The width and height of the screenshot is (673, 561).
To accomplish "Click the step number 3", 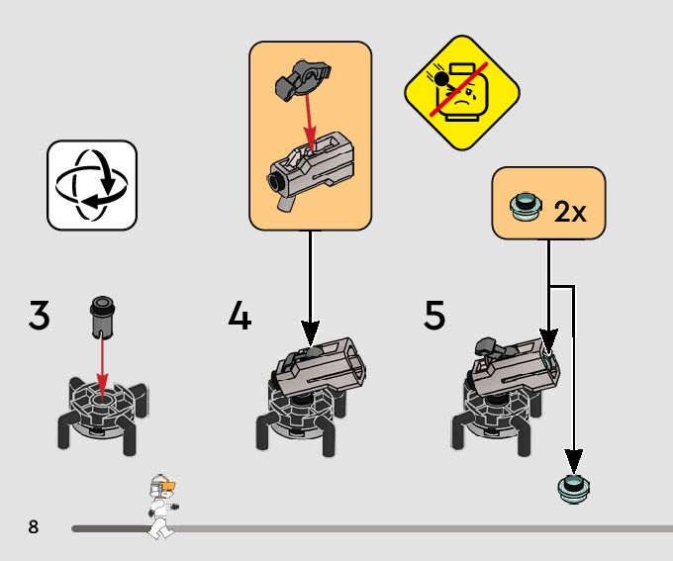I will (x=39, y=316).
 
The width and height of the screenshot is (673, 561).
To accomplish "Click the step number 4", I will (x=240, y=316).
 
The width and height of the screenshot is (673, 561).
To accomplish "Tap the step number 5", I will (x=434, y=316).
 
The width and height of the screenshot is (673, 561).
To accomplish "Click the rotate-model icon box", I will (x=92, y=185).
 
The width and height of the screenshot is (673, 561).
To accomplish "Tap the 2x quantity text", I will (x=571, y=212).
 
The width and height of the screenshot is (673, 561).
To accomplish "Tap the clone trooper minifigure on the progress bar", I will (x=161, y=505).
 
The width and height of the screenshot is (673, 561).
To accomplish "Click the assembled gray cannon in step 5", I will (x=510, y=369).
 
